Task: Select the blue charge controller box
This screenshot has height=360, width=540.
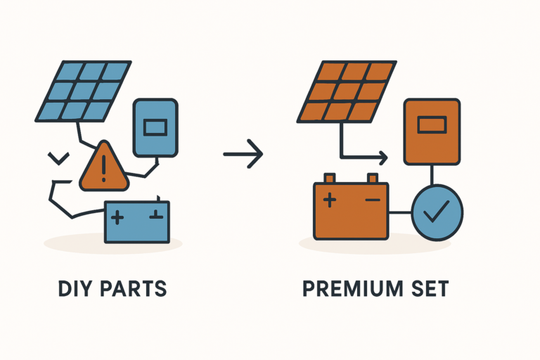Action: pos(155,127)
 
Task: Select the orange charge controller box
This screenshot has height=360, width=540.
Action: pos(431,131)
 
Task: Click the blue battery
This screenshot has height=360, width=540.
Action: pos(137,221)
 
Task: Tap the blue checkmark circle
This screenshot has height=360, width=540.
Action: pos(437,212)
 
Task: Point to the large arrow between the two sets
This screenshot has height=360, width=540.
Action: pos(243,153)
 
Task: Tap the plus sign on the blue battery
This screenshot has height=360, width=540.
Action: pos(118,217)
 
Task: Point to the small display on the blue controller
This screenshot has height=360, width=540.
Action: pos(155,127)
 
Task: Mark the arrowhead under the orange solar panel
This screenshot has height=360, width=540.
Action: pos(384,156)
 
